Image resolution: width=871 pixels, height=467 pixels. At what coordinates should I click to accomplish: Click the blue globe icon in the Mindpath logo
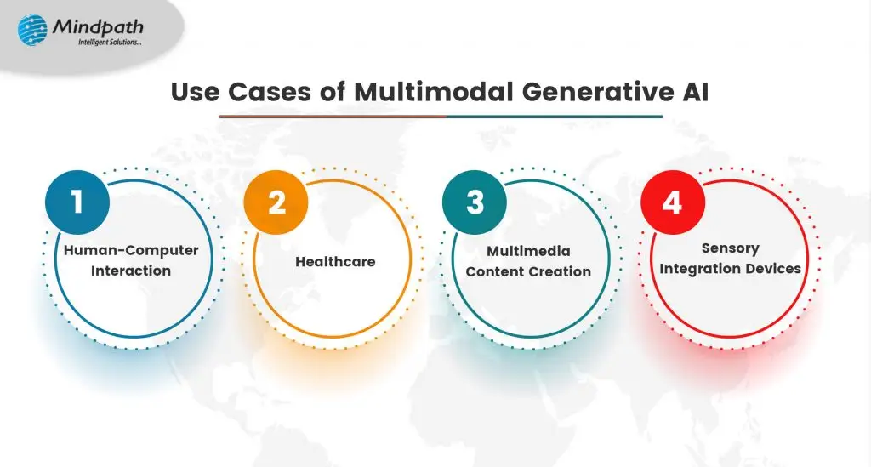pyautogui.click(x=32, y=30)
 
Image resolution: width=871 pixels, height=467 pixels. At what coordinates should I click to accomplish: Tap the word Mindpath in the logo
pyautogui.click(x=98, y=26)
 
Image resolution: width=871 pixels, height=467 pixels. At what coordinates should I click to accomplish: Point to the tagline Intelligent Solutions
pyautogui.click(x=110, y=43)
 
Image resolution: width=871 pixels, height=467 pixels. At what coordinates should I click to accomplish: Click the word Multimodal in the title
pyautogui.click(x=433, y=92)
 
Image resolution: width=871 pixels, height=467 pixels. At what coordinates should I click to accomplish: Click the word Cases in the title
pyautogui.click(x=270, y=92)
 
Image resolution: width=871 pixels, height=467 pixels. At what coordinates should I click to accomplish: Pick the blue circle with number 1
pyautogui.click(x=77, y=202)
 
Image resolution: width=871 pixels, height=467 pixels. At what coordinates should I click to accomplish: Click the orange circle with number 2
pyautogui.click(x=276, y=202)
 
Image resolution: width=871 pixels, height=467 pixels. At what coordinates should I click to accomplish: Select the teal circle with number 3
pyautogui.click(x=475, y=202)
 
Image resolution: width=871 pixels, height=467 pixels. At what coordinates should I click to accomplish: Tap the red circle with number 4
pyautogui.click(x=673, y=202)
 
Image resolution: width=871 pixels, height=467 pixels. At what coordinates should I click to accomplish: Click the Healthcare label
pyautogui.click(x=335, y=261)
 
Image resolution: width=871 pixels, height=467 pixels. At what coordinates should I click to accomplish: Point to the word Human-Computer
pyautogui.click(x=131, y=250)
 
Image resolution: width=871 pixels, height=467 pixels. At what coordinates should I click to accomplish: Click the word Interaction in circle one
pyautogui.click(x=131, y=271)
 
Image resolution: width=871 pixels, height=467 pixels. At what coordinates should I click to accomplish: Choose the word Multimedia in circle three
pyautogui.click(x=528, y=251)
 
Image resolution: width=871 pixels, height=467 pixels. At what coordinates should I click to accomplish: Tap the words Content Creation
pyautogui.click(x=528, y=271)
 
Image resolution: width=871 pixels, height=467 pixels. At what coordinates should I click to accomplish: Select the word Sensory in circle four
pyautogui.click(x=730, y=248)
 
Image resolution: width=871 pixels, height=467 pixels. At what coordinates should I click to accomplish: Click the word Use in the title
pyautogui.click(x=195, y=92)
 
